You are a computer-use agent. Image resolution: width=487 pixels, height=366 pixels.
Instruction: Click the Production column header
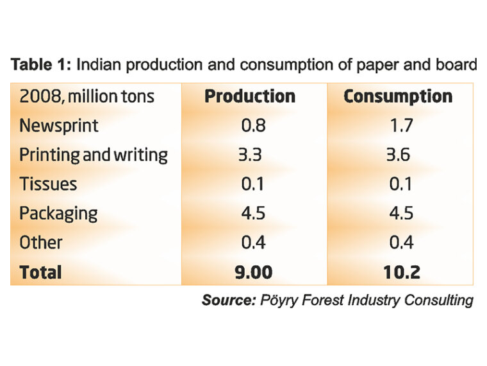click(x=249, y=96)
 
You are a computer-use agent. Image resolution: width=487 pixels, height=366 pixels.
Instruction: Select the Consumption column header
click(x=397, y=96)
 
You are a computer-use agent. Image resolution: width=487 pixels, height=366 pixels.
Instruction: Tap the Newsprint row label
click(x=58, y=125)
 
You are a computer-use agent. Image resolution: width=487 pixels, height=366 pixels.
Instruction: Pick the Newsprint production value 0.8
click(x=253, y=125)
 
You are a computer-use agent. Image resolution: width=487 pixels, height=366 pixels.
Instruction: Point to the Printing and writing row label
click(x=93, y=155)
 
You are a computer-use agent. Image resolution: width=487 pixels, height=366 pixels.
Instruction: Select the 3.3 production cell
click(x=253, y=155)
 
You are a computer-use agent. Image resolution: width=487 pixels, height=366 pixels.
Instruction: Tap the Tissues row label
click(x=47, y=184)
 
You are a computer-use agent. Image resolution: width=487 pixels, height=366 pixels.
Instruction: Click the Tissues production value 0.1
click(x=253, y=184)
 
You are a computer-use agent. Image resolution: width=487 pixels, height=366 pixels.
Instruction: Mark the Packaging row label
click(x=58, y=214)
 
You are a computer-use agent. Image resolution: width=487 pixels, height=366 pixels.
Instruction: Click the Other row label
click(x=40, y=243)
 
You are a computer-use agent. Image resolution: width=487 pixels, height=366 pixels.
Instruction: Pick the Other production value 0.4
click(x=253, y=243)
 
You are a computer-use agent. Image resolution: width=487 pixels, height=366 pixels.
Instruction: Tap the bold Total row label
click(x=40, y=272)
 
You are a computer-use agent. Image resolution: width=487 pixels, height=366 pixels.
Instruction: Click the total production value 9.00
click(x=253, y=272)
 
